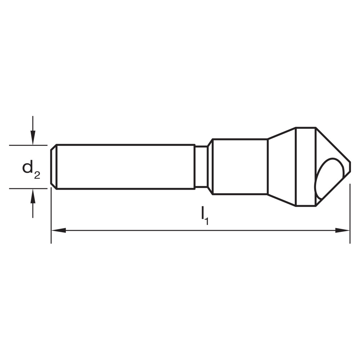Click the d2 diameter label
pyautogui.click(x=31, y=169)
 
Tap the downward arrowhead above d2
pyautogui.click(x=33, y=139)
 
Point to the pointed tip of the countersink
pyautogui.click(x=350, y=167)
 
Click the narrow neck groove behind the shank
pyautogui.click(x=201, y=167)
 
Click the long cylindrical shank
pyautogui.click(x=124, y=167)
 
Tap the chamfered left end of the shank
pyautogui.click(x=53, y=167)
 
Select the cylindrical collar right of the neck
pyautogui.click(x=240, y=167)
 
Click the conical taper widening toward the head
pyautogui.click(x=282, y=167)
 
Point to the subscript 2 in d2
pyautogui.click(x=37, y=175)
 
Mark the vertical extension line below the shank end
pyautogui.click(x=51, y=216)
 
